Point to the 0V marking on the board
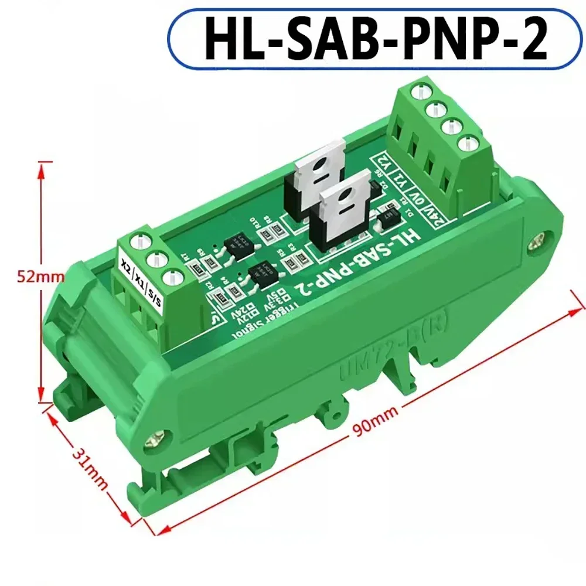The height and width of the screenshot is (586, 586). (424, 199)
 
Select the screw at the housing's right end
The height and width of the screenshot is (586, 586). (537, 240)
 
